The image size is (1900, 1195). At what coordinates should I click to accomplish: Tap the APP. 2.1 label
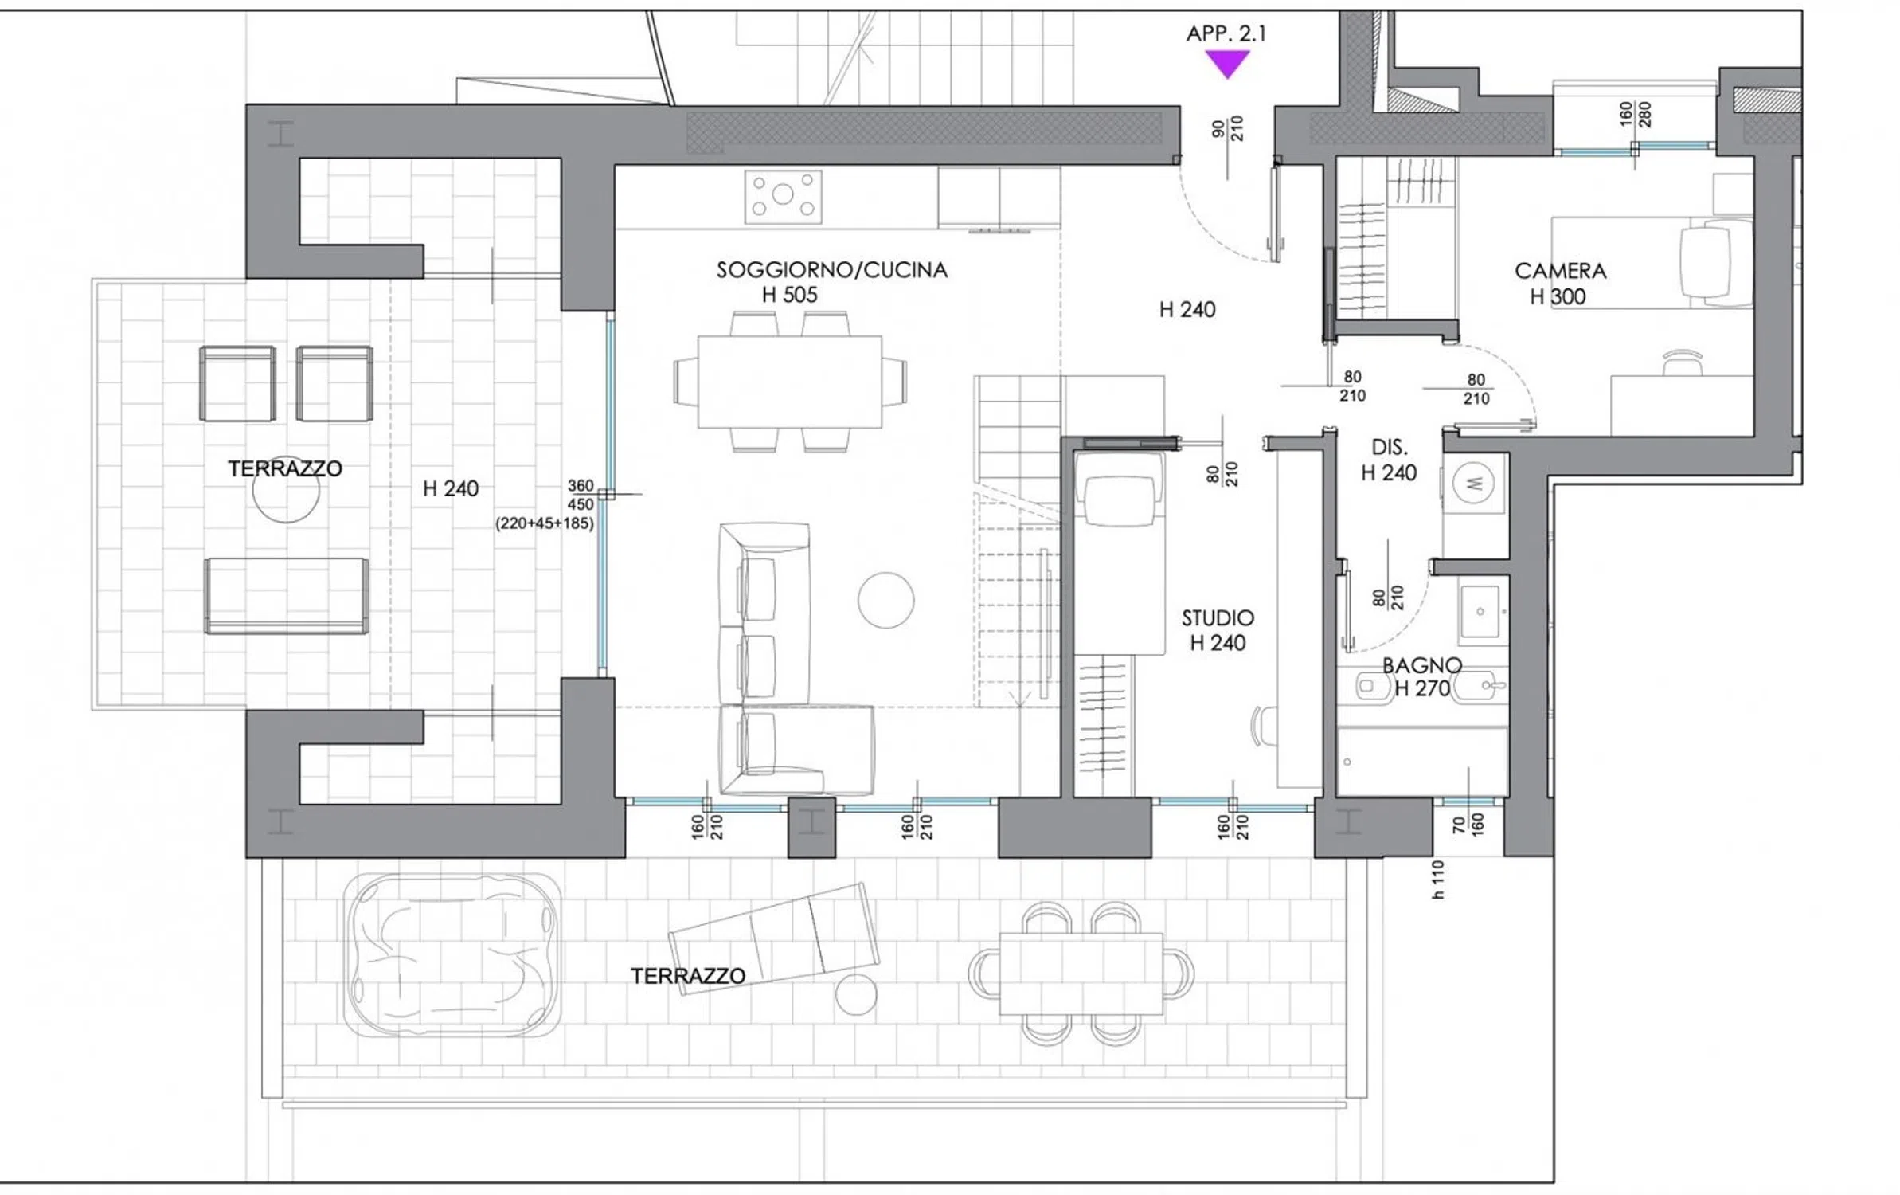(x=1226, y=33)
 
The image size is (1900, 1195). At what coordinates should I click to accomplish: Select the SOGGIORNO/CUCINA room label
(x=832, y=270)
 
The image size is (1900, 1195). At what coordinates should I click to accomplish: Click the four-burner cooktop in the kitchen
(x=783, y=196)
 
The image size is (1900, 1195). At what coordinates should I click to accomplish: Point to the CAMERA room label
(x=1560, y=271)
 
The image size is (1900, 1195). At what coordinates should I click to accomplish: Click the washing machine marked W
(x=1473, y=483)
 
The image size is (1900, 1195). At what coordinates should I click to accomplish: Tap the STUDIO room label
(x=1218, y=618)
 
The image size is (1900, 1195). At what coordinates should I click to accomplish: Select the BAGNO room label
(x=1421, y=665)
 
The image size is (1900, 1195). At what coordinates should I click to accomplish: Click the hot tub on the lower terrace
(x=452, y=955)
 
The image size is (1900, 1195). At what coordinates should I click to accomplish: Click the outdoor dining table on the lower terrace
(x=1081, y=974)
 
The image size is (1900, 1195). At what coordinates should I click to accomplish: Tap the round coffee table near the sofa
(x=885, y=600)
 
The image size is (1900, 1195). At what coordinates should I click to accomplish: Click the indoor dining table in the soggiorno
(x=789, y=382)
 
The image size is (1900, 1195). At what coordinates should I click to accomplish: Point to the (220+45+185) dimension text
(x=545, y=523)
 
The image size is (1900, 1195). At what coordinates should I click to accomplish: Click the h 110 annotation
(x=1437, y=880)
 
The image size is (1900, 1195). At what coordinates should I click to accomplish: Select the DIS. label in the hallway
(x=1389, y=447)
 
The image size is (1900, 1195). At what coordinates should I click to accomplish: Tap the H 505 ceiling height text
(x=789, y=295)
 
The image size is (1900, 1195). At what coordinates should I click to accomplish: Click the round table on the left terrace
(x=286, y=490)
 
